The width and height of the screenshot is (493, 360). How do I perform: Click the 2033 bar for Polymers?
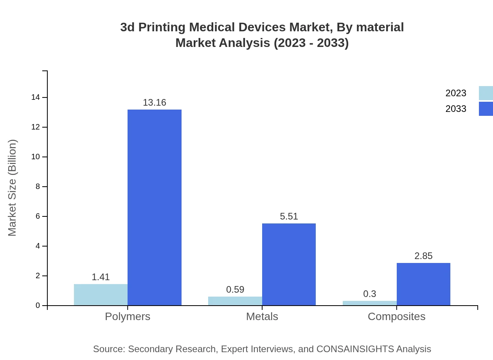(x=155, y=207)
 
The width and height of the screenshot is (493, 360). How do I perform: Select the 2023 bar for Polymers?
(x=101, y=295)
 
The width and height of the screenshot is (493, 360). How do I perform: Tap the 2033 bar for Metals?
(x=289, y=264)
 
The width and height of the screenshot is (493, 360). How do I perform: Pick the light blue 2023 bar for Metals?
(x=235, y=301)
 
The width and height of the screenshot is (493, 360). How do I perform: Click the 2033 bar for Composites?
(x=423, y=284)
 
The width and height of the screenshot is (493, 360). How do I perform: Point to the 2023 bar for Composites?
(x=369, y=303)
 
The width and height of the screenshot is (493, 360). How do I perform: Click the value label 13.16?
(x=155, y=103)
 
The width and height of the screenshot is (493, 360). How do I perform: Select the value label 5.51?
(x=289, y=216)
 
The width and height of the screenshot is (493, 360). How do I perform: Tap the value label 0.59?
(x=235, y=290)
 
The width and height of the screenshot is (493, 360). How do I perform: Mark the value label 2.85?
(x=423, y=256)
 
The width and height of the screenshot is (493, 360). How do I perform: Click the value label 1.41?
(x=101, y=277)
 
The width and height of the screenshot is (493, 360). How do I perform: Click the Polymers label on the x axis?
(x=128, y=316)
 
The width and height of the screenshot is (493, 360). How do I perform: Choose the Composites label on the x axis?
(x=396, y=316)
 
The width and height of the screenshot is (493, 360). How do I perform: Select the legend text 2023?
(x=456, y=93)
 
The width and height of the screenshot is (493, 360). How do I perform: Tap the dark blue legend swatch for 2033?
(x=486, y=109)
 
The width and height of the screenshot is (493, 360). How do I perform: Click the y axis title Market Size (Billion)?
(x=13, y=188)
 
